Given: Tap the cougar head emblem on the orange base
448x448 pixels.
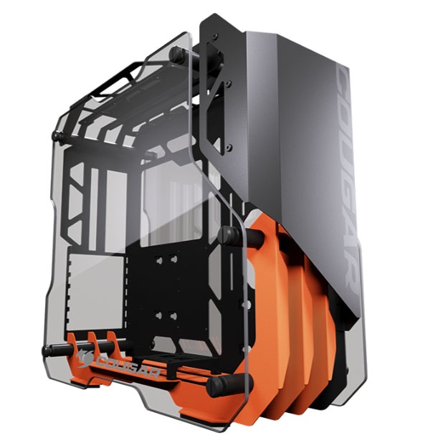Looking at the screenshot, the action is click(x=84, y=357).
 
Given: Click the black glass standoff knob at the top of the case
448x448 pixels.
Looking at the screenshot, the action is click(x=176, y=53).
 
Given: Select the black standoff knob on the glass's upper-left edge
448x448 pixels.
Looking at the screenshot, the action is click(x=57, y=136).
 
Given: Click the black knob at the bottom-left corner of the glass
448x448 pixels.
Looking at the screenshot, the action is click(x=48, y=351).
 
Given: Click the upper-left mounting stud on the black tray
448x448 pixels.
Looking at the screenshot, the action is click(x=159, y=260).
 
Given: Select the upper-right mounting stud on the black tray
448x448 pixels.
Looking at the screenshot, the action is click(x=173, y=259).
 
